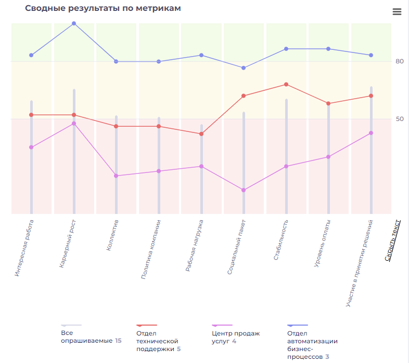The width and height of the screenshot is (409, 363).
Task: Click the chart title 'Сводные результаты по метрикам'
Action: tap(103, 8)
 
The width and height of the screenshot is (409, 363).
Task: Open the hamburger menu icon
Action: tap(397, 11)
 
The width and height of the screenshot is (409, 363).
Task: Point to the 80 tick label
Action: tap(399, 61)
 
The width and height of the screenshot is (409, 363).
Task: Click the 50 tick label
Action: tap(399, 119)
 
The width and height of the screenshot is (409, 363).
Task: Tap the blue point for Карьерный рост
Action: tap(74, 23)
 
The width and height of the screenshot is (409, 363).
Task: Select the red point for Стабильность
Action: tap(286, 85)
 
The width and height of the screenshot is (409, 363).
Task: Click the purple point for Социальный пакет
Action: tap(244, 190)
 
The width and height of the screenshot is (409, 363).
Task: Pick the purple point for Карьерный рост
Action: tap(74, 124)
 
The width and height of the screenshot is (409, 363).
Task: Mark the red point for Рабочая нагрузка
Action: tap(201, 134)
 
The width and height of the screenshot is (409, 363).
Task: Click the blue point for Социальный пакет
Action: tap(244, 68)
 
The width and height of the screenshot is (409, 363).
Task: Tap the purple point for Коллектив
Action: tap(116, 176)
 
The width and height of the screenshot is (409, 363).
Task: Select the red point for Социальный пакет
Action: tap(244, 96)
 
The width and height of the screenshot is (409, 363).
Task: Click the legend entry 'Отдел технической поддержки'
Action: tap(158, 341)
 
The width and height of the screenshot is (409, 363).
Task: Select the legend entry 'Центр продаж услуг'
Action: tap(235, 337)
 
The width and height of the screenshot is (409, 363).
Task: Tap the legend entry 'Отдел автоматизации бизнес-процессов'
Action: tap(312, 345)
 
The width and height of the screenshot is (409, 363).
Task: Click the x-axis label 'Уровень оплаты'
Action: tap(323, 243)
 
